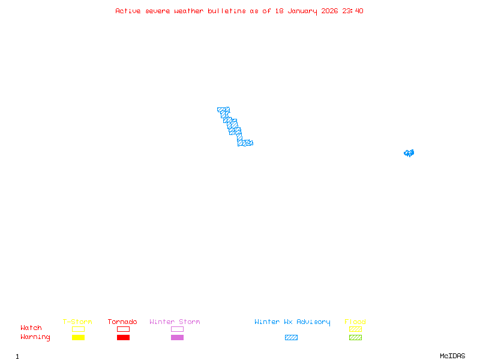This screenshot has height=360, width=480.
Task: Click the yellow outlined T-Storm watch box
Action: tap(78, 329)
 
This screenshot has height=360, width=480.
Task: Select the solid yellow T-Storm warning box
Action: tap(78, 337)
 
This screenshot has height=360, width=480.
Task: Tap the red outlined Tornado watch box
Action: tap(123, 329)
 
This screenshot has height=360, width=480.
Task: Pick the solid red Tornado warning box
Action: tap(123, 337)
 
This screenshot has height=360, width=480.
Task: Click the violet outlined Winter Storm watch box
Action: tap(177, 329)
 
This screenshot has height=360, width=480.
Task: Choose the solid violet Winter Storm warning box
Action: tap(177, 337)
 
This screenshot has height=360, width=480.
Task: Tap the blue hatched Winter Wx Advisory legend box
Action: tap(291, 337)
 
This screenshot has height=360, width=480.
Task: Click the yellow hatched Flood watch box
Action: tap(355, 329)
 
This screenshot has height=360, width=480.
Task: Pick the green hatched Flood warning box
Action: tap(355, 337)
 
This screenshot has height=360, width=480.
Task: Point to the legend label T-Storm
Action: tap(77, 322)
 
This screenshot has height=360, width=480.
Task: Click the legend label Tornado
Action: tap(122, 322)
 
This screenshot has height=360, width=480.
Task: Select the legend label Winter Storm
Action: tap(175, 322)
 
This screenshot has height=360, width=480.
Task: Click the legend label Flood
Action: tap(355, 322)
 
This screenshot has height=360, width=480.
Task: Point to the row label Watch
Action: tap(31, 328)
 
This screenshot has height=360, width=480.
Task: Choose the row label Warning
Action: tap(35, 337)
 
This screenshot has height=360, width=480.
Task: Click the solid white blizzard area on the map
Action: tap(247, 136)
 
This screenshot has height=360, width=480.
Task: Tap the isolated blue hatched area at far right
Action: tap(409, 153)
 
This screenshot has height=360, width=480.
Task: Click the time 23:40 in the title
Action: tap(353, 11)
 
